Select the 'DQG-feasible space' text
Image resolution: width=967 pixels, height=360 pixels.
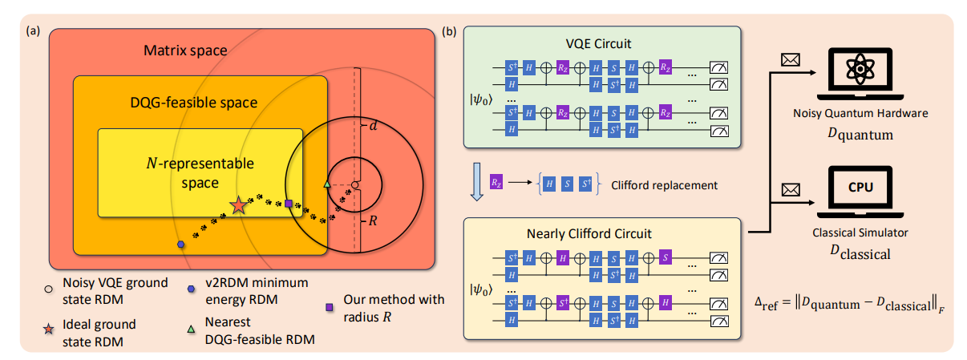pyautogui.click(x=193, y=103)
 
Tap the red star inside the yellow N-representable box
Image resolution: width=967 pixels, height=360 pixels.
pyautogui.click(x=238, y=206)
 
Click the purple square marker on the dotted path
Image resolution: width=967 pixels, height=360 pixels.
pyautogui.click(x=289, y=204)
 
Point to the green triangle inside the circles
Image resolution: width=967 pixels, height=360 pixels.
pyautogui.click(x=326, y=186)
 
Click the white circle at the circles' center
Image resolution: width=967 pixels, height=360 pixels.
pyautogui.click(x=355, y=185)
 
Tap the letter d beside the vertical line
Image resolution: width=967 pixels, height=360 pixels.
pyautogui.click(x=372, y=126)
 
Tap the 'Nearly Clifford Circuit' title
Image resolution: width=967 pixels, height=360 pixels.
pyautogui.click(x=590, y=234)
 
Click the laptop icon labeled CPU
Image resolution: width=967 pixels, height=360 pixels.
pyautogui.click(x=858, y=192)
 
